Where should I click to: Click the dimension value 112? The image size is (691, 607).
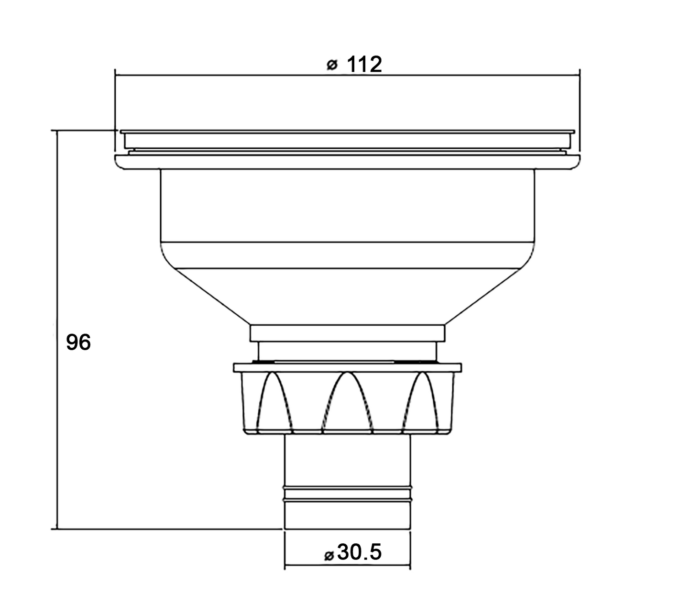tap(364, 65)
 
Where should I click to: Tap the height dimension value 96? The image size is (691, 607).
tap(78, 342)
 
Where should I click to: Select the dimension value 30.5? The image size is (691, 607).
tap(360, 552)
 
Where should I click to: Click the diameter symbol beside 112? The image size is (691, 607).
tap(332, 65)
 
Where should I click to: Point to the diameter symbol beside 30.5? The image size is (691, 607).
tap(329, 555)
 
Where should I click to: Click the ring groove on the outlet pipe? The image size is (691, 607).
tap(347, 494)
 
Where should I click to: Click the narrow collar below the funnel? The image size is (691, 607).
tap(347, 333)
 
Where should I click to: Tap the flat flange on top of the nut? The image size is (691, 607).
tap(347, 367)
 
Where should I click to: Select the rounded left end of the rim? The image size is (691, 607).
tap(119, 162)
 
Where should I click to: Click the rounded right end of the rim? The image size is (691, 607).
tap(576, 162)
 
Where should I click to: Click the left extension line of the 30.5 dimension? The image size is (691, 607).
tap(285, 550)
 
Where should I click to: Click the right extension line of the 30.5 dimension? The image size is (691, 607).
tap(410, 550)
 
